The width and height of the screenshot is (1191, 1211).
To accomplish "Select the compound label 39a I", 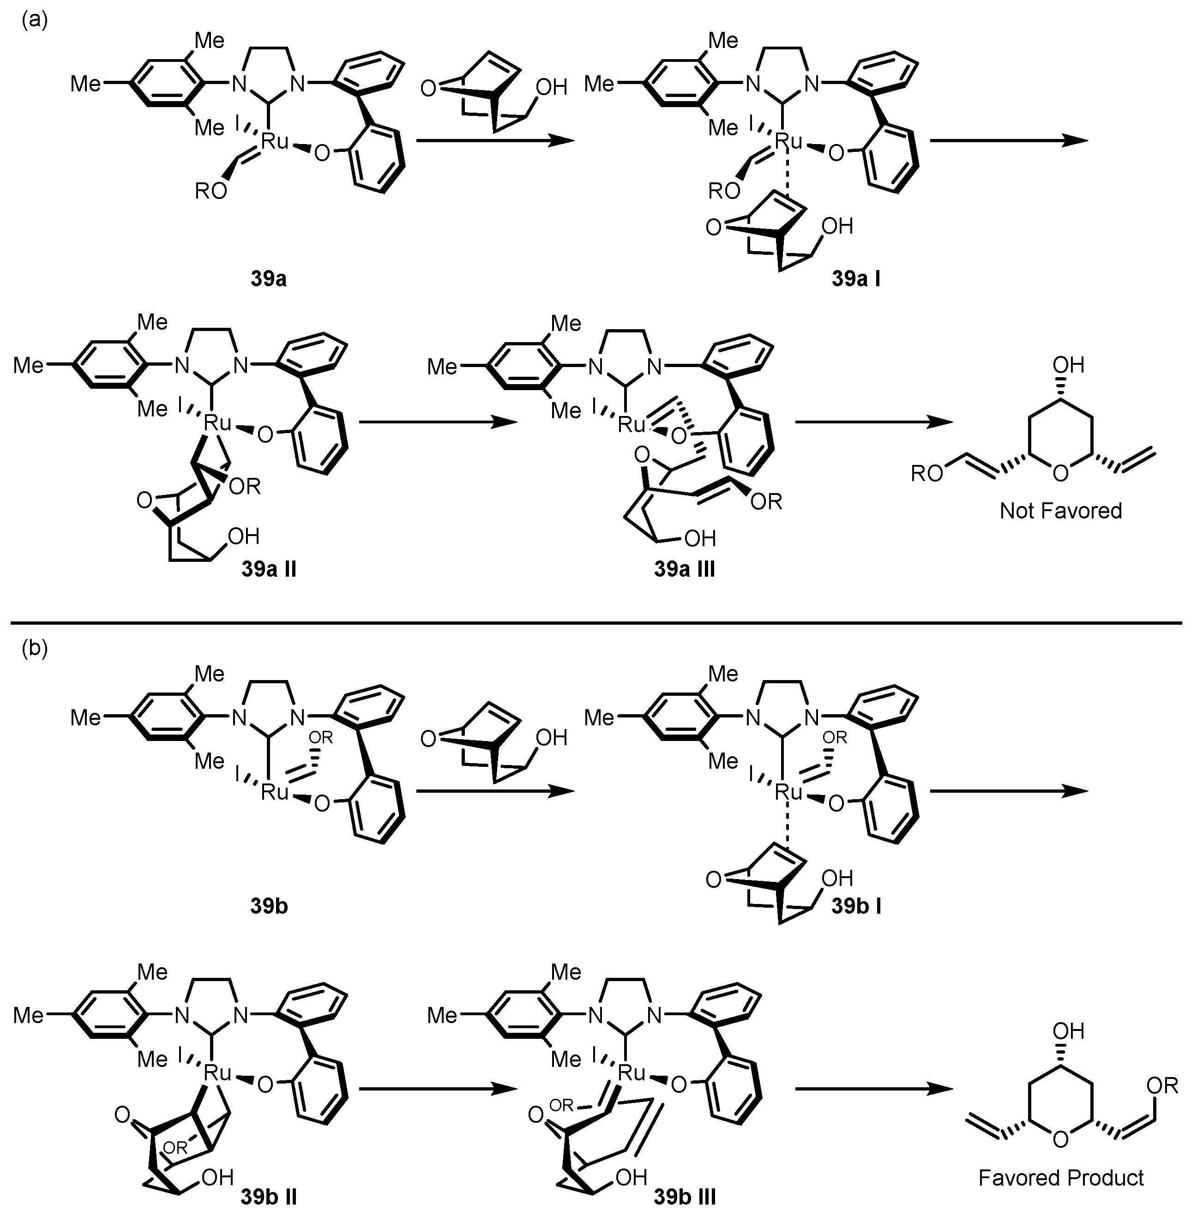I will pos(856,279).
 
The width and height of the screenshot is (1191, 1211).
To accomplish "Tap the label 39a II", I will pos(269,569).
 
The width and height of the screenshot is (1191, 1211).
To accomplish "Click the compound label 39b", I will pos(269,906).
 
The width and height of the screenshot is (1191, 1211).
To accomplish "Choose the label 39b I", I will pos(856,906).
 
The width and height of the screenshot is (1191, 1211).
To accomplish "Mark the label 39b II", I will pos(269,1197).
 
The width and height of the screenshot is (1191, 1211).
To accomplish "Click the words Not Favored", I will pos(1060,511).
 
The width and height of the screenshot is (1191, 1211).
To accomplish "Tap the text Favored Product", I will pos(1060,1178).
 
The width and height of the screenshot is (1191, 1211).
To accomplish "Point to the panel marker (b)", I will pos(35,648).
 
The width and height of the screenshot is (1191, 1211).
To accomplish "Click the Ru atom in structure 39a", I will pos(275,141).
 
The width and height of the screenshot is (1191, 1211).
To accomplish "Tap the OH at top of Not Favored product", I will pos(1068,365).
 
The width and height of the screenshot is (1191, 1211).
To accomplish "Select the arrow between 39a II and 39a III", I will pos(438,423).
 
